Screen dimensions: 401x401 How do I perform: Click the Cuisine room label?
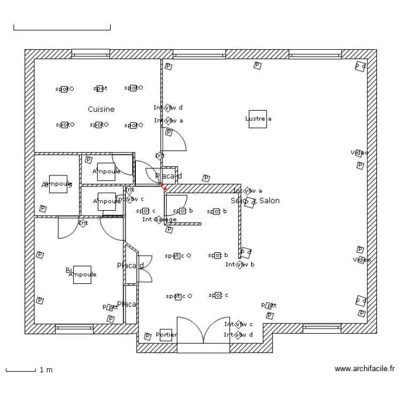(101, 109)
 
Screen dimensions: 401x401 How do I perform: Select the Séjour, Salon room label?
(255, 200)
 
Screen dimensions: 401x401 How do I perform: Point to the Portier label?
(166, 335)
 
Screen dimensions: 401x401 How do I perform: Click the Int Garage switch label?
(159, 219)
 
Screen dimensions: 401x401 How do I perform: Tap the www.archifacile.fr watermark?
(364, 368)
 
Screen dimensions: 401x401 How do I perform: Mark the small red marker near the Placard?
(165, 188)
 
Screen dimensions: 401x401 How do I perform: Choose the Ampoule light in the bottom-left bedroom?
(82, 274)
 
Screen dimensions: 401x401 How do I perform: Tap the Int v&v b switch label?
(240, 264)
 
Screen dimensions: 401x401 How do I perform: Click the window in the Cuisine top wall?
(90, 53)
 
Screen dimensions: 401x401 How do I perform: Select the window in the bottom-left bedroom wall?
(74, 328)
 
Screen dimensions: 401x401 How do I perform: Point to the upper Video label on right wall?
(359, 153)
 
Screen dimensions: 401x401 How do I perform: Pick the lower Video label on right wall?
(361, 260)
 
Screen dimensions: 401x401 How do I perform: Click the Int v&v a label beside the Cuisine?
(168, 120)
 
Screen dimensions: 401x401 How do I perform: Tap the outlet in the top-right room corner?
(360, 66)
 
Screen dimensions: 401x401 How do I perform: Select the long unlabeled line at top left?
(61, 29)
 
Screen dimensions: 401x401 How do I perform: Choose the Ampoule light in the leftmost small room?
(58, 184)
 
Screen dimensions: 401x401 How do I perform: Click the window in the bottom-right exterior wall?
(321, 328)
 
